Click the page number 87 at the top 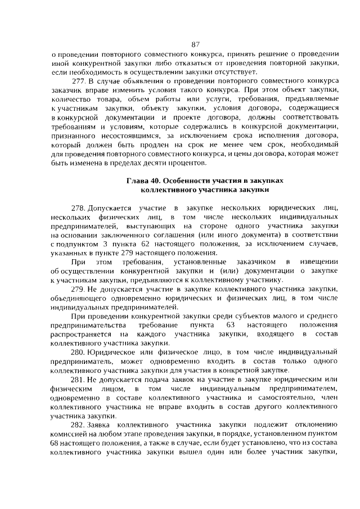point(196,44)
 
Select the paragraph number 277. point(80,81)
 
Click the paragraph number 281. point(79,380)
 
